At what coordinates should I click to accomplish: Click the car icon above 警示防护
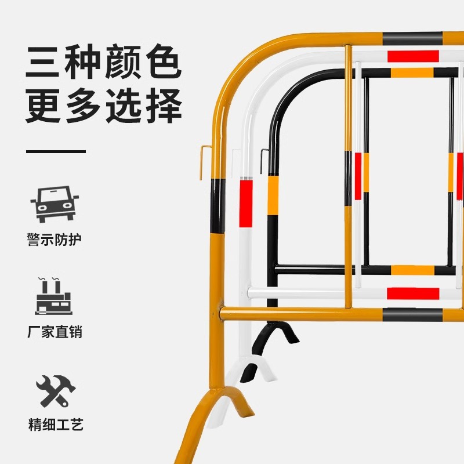pos(55,204)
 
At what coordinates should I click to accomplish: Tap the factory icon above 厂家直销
pos(55,297)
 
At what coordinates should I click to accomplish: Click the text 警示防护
pos(55,240)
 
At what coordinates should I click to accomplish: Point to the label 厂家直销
pos(55,332)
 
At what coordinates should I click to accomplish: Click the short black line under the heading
pos(56,151)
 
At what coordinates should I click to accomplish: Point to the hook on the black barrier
pos(264,161)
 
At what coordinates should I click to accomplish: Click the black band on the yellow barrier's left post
pos(217,205)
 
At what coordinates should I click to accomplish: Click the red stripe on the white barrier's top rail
pos(413,56)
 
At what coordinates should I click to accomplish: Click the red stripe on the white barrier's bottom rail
pos(413,293)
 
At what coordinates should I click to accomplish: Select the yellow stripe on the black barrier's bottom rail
pos(412,270)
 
